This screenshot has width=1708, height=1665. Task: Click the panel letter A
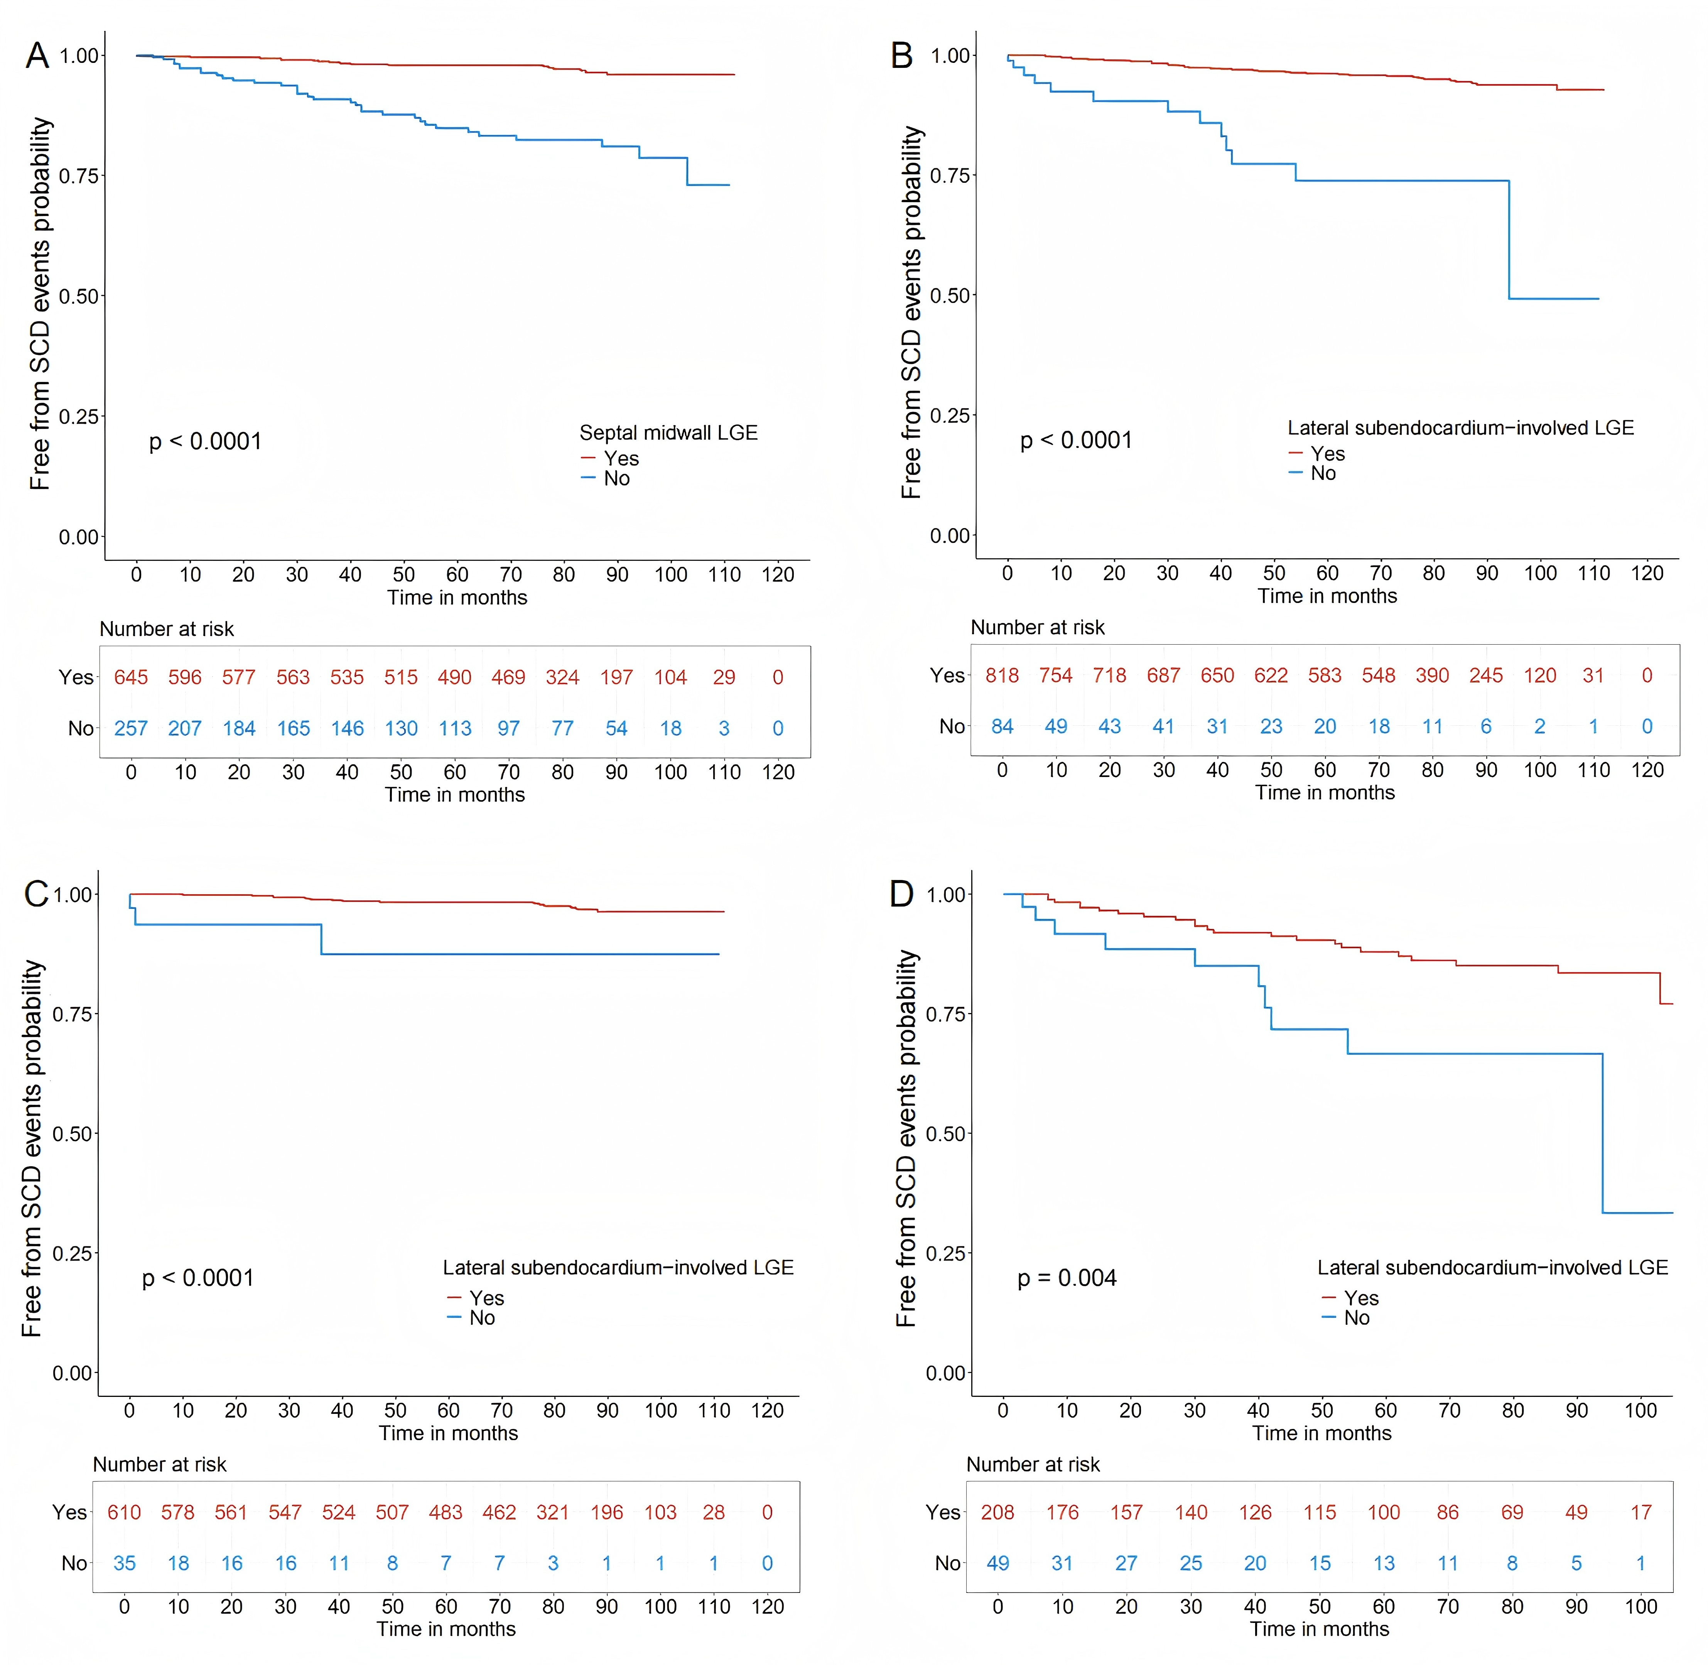37,56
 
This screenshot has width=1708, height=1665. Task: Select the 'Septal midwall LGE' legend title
668,433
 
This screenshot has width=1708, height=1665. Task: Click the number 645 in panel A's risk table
131,678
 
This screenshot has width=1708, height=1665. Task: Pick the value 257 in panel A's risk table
131,728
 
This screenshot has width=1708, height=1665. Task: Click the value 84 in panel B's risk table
1002,727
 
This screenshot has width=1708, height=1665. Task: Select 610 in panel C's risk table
124,1512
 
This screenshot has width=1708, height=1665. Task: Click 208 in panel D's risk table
998,1512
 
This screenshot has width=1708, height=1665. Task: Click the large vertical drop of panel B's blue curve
1509,240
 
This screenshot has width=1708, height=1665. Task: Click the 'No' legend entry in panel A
616,478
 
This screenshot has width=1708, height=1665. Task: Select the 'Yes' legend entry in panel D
1361,1298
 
